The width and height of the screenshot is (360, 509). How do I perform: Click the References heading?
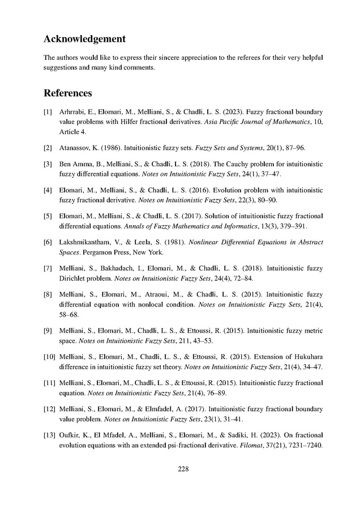pos(67,93)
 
